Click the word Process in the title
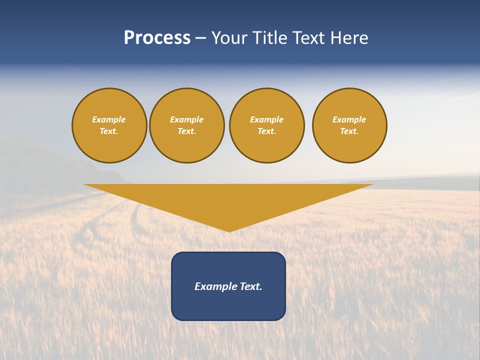click(157, 38)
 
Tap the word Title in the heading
click(270, 38)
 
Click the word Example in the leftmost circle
click(109, 119)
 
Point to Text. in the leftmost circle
click(109, 131)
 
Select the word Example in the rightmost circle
click(349, 119)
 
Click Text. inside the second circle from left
click(187, 131)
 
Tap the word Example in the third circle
click(267, 119)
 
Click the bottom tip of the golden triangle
click(229, 230)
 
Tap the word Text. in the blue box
click(251, 286)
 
